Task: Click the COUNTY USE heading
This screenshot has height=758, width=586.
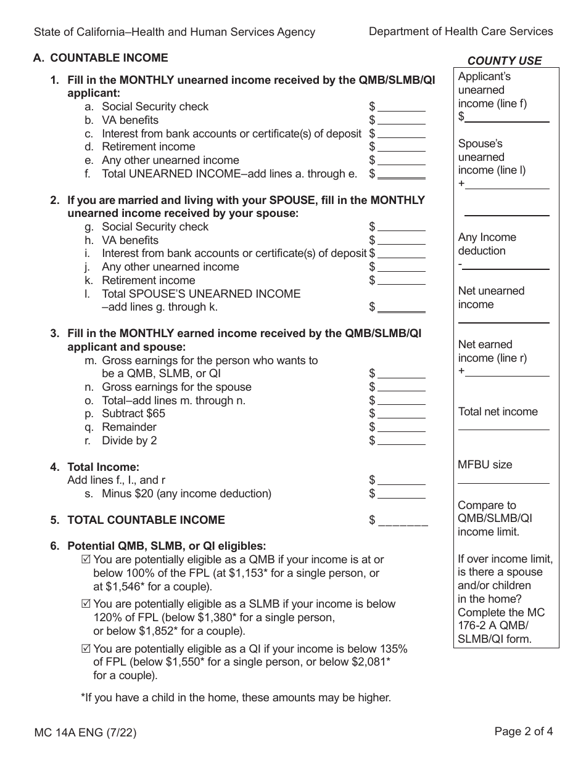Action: [x=504, y=60]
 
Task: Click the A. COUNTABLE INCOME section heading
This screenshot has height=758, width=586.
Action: [x=101, y=58]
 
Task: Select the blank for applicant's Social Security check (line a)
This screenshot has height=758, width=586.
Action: [x=401, y=107]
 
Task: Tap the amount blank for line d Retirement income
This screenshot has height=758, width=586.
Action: [x=401, y=147]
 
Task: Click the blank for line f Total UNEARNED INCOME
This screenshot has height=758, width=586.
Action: [x=401, y=174]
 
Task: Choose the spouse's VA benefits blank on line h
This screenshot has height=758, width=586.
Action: [x=401, y=241]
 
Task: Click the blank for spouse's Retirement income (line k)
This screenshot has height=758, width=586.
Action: [x=401, y=281]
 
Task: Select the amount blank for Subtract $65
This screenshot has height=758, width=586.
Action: [x=401, y=414]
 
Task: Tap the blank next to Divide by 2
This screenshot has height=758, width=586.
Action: [x=401, y=441]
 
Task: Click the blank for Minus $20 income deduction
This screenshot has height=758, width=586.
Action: [x=401, y=494]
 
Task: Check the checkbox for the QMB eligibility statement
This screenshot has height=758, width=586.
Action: [x=86, y=560]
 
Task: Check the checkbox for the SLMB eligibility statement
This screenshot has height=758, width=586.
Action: [x=86, y=604]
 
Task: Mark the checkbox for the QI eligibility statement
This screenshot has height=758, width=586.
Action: [x=86, y=648]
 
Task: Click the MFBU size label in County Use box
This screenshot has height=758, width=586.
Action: [x=485, y=465]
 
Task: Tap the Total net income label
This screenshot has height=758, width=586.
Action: [x=498, y=412]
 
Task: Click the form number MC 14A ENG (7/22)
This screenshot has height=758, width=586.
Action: [x=85, y=733]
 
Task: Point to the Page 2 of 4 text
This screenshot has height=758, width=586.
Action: [x=524, y=732]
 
